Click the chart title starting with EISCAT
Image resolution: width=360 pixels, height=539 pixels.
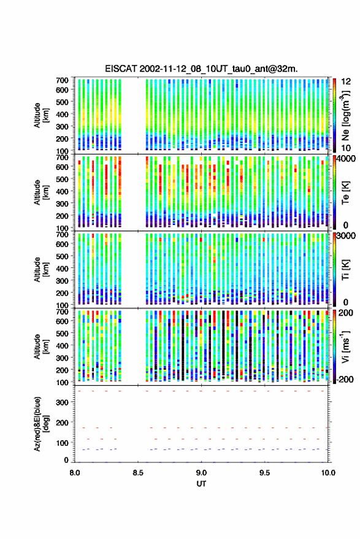(201, 69)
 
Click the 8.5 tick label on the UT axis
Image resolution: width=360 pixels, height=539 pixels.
(138, 473)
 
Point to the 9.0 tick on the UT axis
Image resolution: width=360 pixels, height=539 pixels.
(202, 473)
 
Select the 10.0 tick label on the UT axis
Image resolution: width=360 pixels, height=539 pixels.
(328, 473)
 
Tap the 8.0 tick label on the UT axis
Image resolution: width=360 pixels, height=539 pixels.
(75, 473)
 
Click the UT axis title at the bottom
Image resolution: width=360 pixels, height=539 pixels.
(201, 484)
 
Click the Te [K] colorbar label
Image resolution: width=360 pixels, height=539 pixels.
(345, 193)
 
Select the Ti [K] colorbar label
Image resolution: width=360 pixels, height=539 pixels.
(345, 270)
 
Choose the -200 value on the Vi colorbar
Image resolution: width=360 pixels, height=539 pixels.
(345, 380)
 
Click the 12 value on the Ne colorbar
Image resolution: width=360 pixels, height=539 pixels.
(346, 82)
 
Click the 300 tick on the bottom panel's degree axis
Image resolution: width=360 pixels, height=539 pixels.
(62, 402)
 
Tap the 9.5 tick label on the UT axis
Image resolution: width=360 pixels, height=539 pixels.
(265, 473)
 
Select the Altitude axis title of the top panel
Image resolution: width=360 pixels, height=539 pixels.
(41, 115)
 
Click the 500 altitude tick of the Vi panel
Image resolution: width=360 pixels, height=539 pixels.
(62, 334)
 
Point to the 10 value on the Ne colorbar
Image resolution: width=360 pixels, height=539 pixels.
(346, 148)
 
